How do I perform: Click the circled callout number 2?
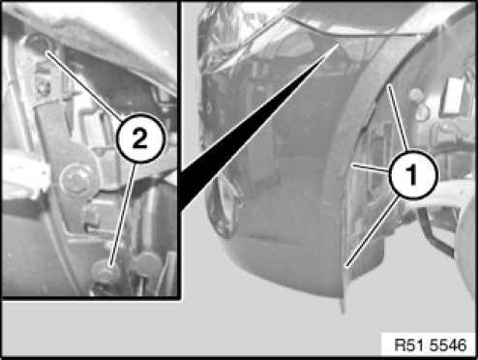(x=140, y=138)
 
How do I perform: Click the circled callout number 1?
(x=413, y=174)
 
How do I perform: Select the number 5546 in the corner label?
(x=448, y=345)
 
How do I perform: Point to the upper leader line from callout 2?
(x=84, y=85)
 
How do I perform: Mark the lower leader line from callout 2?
(x=123, y=214)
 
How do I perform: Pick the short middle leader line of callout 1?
(x=371, y=167)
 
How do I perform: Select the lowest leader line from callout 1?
(x=372, y=231)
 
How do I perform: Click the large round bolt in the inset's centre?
(x=75, y=180)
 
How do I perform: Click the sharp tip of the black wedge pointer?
(x=338, y=45)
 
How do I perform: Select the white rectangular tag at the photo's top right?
(x=453, y=96)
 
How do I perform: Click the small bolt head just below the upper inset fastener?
(x=43, y=87)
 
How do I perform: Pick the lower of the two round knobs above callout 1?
(x=422, y=111)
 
